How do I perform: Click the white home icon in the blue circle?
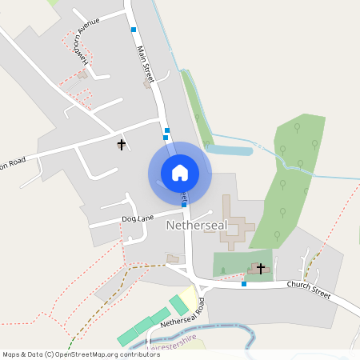[x=179, y=172]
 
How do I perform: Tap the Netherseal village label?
[x=198, y=226]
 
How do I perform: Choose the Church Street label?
[x=309, y=291]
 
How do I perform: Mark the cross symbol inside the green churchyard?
[x=260, y=269]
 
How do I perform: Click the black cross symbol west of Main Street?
[x=122, y=145]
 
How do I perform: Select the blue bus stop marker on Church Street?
[x=244, y=284]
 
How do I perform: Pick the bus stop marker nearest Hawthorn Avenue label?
[x=134, y=30]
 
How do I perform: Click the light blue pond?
[x=230, y=150]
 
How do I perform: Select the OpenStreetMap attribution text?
[x=81, y=354]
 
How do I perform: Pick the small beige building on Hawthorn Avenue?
[x=82, y=75]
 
